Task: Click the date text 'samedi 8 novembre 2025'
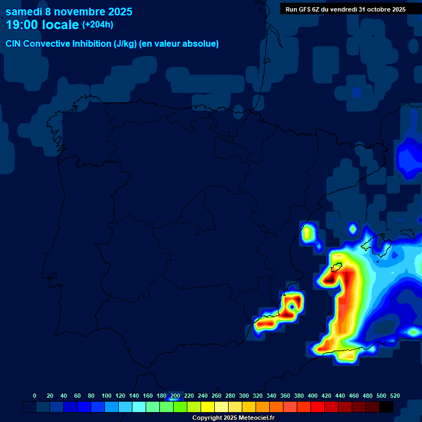click(69, 12)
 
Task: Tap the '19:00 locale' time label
click(42, 25)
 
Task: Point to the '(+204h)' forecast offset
click(98, 25)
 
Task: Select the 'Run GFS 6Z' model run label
click(307, 9)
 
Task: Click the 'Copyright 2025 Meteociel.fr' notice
click(233, 418)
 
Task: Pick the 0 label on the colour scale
click(35, 396)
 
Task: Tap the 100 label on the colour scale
click(107, 396)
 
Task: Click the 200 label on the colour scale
click(175, 396)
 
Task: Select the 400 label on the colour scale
click(313, 396)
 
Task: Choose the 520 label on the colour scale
click(395, 396)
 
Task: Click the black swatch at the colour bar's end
click(386, 407)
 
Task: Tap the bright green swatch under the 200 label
click(180, 407)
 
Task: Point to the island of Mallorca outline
click(376, 245)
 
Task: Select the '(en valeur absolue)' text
click(180, 44)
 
